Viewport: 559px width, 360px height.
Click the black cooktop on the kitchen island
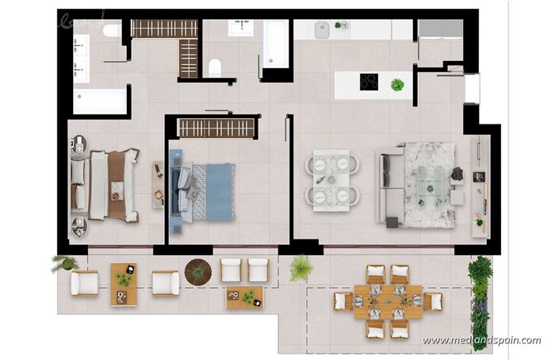(369, 82)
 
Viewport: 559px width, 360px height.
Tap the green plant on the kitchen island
(397, 84)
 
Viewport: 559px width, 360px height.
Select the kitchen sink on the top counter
(321, 30)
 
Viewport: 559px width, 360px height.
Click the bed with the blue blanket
(206, 191)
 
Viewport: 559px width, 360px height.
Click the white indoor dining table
(331, 179)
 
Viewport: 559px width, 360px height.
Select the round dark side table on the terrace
(197, 271)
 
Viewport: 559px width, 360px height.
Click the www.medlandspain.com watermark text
(481, 341)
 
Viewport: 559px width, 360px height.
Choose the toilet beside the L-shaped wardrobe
(214, 67)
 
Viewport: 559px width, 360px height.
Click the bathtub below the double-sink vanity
(100, 101)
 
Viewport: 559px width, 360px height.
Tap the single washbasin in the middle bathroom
(240, 28)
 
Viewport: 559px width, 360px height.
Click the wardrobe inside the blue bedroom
(216, 128)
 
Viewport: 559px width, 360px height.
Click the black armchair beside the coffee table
(458, 173)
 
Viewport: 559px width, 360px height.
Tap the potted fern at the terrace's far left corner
(64, 262)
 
